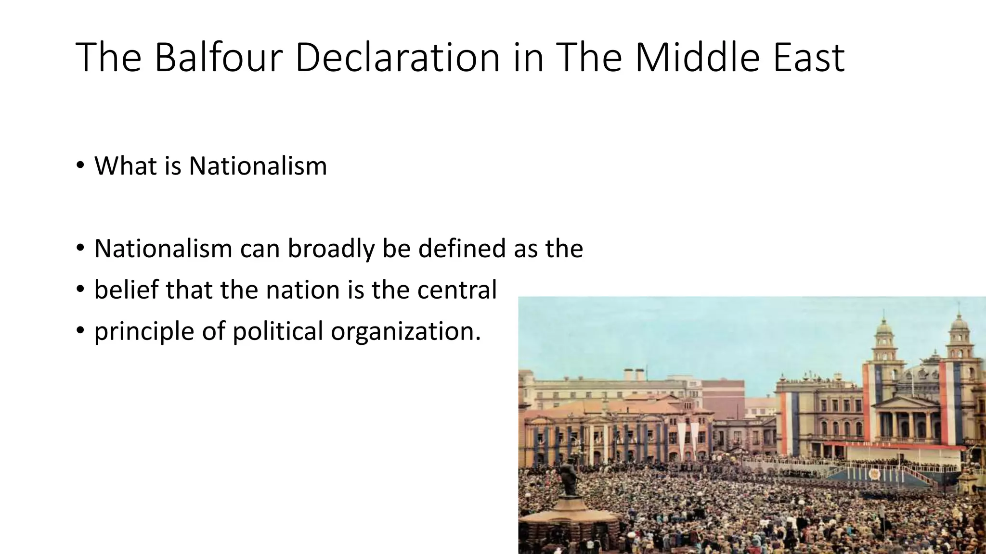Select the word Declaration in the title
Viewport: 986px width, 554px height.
pyautogui.click(x=397, y=58)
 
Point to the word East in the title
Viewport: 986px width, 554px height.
pyautogui.click(x=808, y=58)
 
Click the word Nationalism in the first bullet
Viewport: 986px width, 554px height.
pyautogui.click(x=258, y=166)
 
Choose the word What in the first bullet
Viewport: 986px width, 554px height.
pyautogui.click(x=123, y=166)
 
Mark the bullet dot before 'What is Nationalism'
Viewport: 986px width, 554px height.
pyautogui.click(x=80, y=166)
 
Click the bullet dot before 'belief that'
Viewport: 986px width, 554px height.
pyautogui.click(x=80, y=290)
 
